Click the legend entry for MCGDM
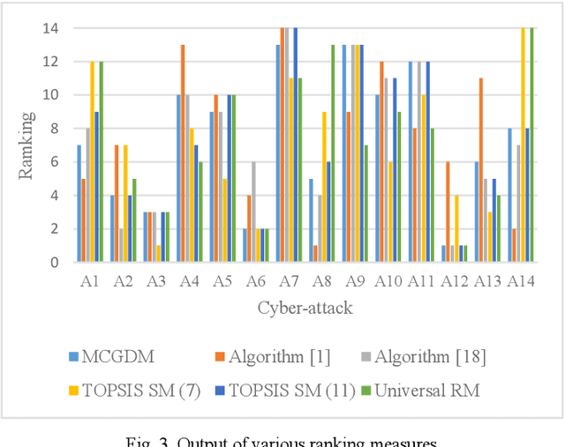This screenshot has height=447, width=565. pyautogui.click(x=116, y=357)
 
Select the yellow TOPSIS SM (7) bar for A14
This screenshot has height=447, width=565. pyautogui.click(x=523, y=145)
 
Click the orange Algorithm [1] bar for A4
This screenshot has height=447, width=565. pyautogui.click(x=183, y=153)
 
